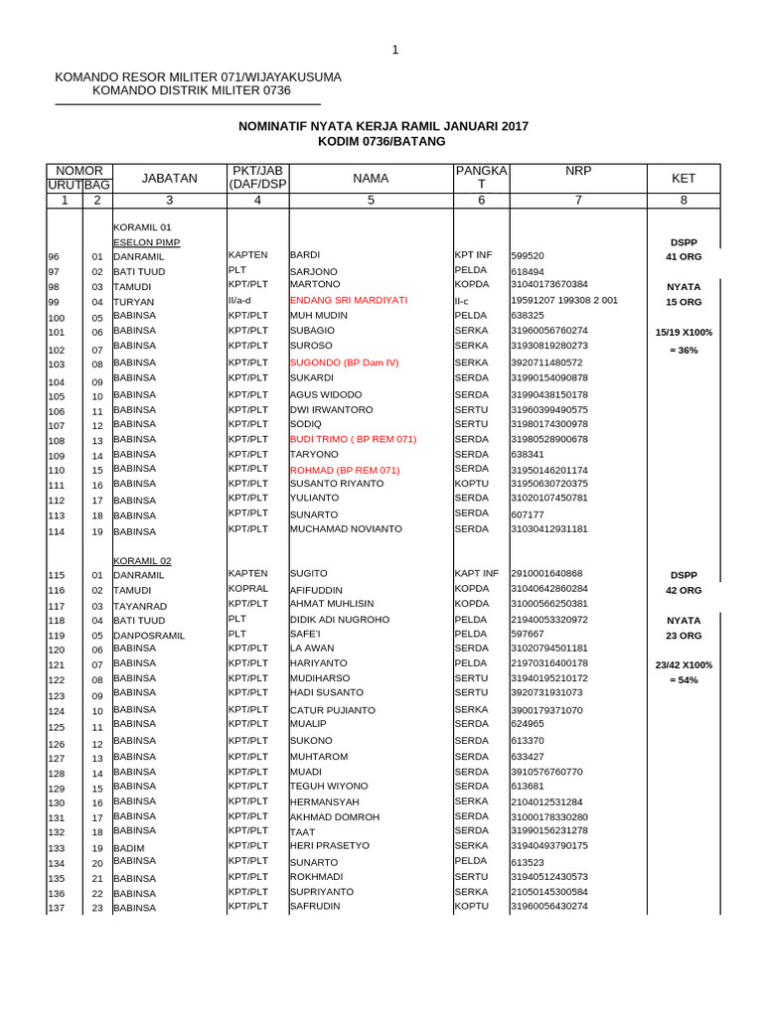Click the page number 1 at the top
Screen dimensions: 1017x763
394,51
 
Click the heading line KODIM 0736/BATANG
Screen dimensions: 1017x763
381,142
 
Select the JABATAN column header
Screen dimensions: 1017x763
170,179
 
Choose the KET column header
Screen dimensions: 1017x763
684,179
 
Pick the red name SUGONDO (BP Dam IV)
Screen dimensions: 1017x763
344,363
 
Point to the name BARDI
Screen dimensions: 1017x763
304,255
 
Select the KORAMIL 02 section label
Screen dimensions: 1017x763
142,560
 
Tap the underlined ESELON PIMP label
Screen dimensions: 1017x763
147,242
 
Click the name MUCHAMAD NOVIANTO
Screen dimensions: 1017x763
343,529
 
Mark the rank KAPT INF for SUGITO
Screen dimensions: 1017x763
476,574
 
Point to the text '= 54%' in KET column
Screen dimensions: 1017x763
684,680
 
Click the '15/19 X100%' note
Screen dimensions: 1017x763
684,332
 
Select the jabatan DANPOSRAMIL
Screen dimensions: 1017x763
149,636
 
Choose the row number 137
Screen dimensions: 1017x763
57,909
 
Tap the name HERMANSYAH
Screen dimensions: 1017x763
325,801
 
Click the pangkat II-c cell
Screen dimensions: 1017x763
462,301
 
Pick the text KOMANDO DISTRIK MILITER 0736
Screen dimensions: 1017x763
191,91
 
